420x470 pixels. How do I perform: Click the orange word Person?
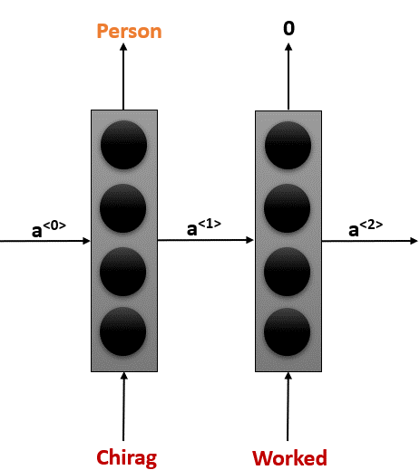[129, 32]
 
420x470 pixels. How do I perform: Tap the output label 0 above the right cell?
[288, 29]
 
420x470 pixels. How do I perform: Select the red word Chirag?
[127, 458]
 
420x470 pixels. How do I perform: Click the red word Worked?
[289, 458]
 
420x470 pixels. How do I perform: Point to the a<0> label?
[49, 229]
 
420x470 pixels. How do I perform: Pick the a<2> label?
[366, 228]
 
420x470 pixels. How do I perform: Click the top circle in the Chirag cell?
[124, 145]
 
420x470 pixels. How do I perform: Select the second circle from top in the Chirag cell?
[123, 208]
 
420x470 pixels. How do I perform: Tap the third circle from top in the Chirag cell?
[123, 272]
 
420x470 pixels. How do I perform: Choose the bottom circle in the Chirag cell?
[123, 331]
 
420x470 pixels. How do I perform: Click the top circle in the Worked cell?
[288, 146]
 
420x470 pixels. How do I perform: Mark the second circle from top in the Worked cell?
[288, 208]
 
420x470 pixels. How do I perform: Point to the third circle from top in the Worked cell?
[288, 272]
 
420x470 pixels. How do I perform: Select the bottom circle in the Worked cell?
[288, 332]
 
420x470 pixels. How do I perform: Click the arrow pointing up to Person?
[123, 76]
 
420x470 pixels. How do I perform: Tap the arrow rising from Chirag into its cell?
[123, 407]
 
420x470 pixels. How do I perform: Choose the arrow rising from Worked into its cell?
[288, 407]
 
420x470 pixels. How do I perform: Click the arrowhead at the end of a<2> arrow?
[415, 241]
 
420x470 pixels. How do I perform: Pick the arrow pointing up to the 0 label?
[288, 76]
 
